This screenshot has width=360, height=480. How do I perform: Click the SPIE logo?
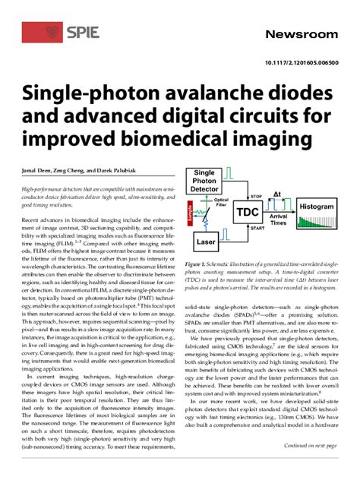[52, 32]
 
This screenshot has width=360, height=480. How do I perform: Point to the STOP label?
[257, 196]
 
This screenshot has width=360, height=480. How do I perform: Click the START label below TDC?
[257, 229]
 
